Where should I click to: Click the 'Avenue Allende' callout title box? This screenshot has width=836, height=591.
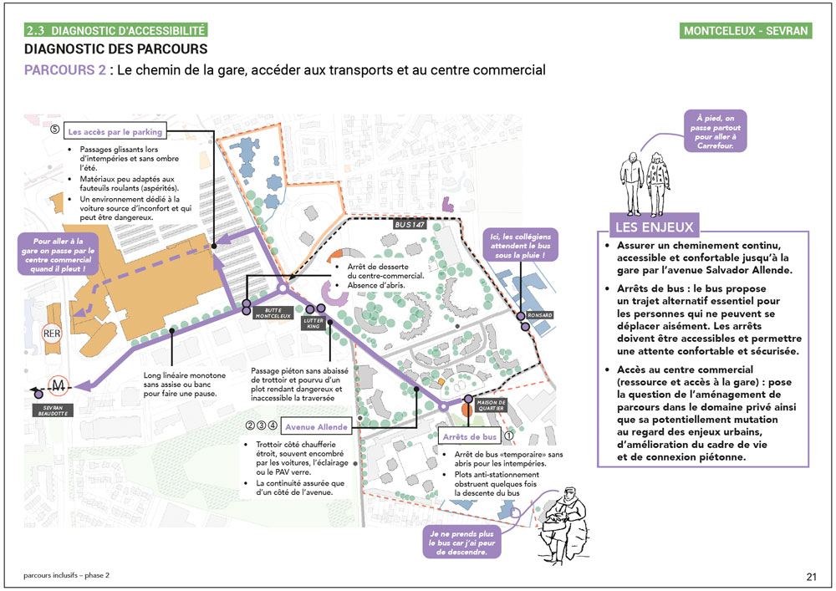(x=314, y=427)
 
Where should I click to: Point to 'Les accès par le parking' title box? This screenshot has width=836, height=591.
(x=115, y=131)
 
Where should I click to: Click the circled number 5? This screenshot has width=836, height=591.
(x=55, y=130)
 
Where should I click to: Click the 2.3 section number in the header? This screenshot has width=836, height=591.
(x=37, y=31)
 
